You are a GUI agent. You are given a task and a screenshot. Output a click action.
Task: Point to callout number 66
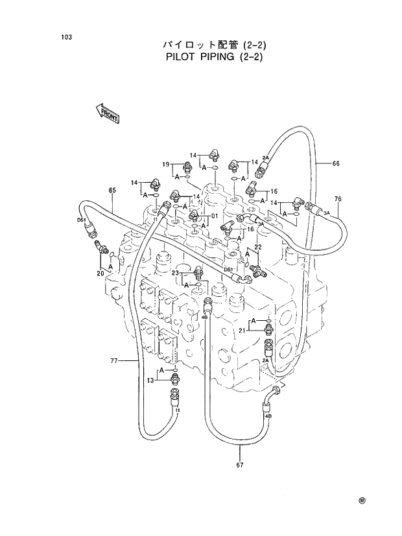(x=336, y=163)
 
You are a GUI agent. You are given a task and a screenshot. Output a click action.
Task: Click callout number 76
(x=338, y=198)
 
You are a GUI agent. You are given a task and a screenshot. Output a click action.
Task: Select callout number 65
(x=112, y=190)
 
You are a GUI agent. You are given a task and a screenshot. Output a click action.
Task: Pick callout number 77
(x=113, y=360)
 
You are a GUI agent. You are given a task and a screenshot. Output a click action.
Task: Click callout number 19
(x=166, y=164)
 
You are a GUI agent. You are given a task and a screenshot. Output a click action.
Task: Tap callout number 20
(x=100, y=274)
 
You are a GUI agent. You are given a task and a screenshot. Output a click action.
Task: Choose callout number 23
(x=175, y=274)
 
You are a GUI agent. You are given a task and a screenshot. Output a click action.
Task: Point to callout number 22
(x=257, y=247)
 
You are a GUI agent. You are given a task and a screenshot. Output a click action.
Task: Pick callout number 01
(x=215, y=216)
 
